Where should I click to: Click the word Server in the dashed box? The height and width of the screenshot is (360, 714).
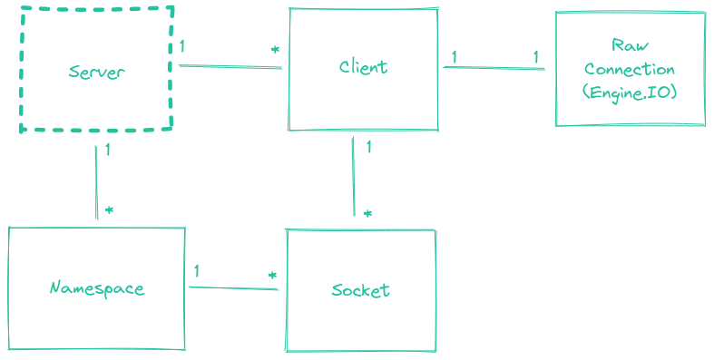click(x=96, y=71)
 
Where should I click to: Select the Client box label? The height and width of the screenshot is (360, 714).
click(x=363, y=66)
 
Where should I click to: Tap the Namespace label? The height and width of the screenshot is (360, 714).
click(x=96, y=288)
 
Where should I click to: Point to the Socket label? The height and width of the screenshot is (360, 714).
click(x=360, y=290)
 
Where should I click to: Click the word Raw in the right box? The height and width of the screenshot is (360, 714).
click(x=629, y=45)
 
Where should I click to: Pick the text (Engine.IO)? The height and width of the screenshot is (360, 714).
click(x=630, y=92)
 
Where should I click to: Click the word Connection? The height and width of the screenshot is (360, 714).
click(x=630, y=69)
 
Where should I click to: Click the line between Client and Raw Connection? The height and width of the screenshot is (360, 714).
click(x=494, y=67)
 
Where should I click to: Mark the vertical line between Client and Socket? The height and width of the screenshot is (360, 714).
click(x=352, y=177)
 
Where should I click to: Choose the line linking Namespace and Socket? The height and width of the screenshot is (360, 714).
click(x=233, y=288)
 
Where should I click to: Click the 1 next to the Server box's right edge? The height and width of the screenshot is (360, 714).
click(x=182, y=45)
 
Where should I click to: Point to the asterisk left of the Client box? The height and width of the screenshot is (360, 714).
click(x=274, y=50)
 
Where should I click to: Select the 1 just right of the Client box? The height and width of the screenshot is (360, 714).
click(x=454, y=57)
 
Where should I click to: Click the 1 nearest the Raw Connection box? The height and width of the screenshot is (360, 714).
click(x=535, y=57)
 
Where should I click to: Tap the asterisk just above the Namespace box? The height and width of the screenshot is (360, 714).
click(x=109, y=209)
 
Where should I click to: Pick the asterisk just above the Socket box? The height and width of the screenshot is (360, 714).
click(x=367, y=214)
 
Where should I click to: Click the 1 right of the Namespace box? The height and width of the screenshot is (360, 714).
click(x=197, y=270)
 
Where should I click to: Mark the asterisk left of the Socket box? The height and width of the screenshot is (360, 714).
click(x=271, y=275)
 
